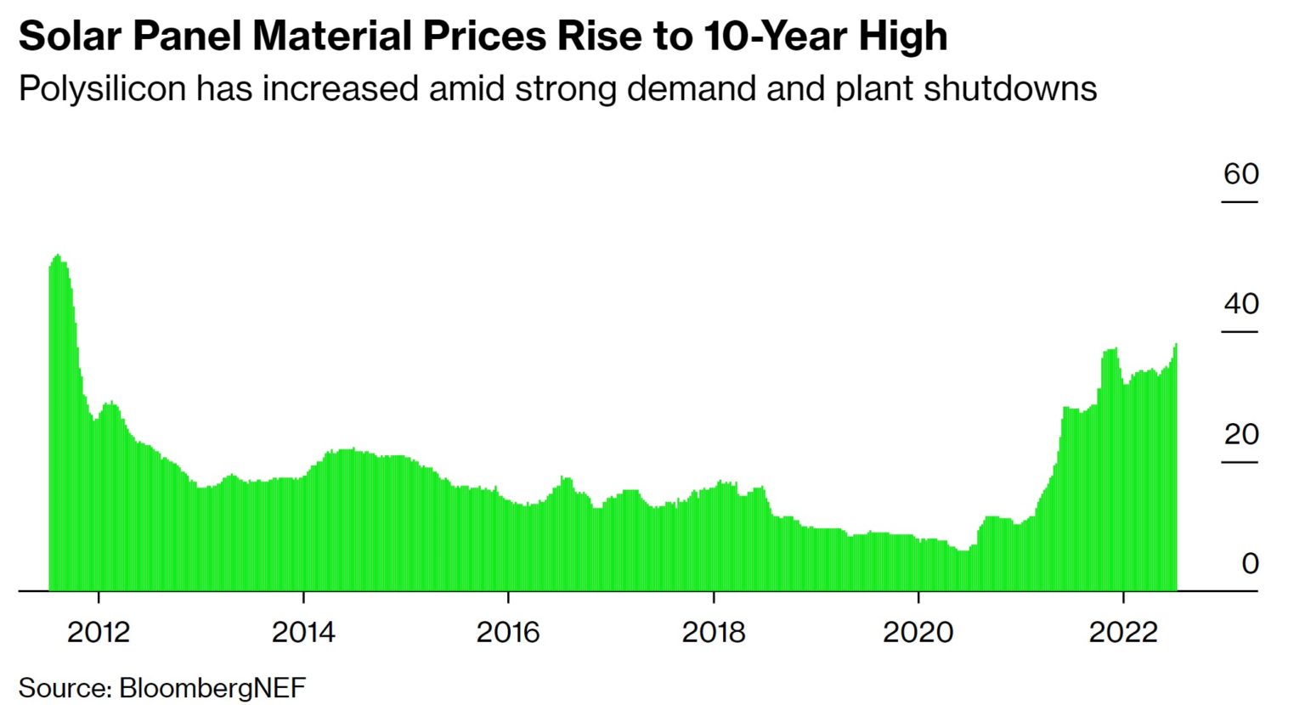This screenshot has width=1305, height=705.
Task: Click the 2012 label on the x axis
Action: point(99,632)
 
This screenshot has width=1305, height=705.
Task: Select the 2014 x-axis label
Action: point(303,632)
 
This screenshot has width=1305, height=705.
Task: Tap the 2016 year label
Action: point(508,632)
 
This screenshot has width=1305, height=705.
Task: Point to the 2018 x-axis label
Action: point(714,632)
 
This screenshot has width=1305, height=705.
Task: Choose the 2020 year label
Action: point(918,632)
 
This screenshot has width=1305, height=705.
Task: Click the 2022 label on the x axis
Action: point(1123,632)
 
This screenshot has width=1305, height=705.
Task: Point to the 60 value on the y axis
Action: point(1240,174)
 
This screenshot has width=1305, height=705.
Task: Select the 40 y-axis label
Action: point(1240,304)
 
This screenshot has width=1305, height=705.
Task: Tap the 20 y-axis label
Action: point(1240,434)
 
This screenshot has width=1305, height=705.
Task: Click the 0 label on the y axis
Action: point(1250,563)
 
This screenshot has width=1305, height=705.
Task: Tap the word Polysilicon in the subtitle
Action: point(102,89)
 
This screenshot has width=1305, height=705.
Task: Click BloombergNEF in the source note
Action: point(212,687)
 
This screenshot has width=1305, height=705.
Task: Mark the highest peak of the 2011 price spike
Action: point(57,256)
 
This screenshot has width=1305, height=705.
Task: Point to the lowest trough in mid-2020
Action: point(963,550)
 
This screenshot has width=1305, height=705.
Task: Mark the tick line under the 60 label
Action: point(1240,202)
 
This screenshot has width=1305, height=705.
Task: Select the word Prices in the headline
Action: point(485,37)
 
